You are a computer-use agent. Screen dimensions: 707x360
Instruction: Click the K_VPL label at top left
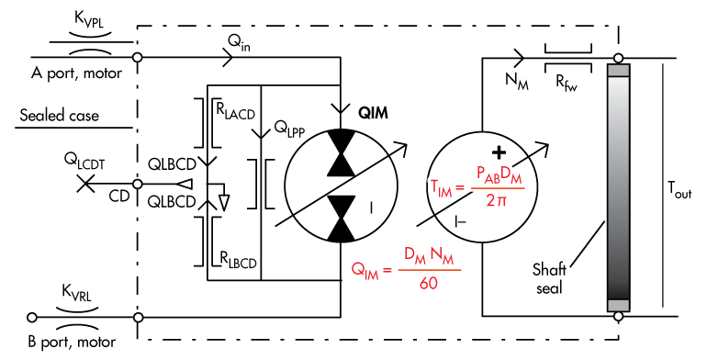(89, 20)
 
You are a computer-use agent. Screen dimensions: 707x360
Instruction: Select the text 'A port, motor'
(76, 73)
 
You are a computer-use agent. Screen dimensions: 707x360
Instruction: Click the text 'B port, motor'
(72, 342)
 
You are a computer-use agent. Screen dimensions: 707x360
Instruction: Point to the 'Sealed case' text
(59, 116)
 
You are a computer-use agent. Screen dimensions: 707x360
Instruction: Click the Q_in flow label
(239, 43)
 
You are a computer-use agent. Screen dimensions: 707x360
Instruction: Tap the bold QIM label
(373, 113)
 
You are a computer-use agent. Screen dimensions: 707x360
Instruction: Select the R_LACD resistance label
(236, 111)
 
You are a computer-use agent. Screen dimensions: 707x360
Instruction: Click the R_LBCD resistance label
(238, 259)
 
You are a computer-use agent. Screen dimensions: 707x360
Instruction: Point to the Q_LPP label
(289, 129)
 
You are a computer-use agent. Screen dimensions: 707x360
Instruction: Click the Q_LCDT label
(84, 161)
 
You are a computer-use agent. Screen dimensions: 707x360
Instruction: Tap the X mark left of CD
(85, 184)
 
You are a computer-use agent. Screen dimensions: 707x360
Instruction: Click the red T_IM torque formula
(476, 186)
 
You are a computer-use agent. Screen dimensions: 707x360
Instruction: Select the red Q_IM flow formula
(406, 269)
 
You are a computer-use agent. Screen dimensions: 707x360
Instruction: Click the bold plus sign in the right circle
(499, 153)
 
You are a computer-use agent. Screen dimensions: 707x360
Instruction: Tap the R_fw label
(566, 84)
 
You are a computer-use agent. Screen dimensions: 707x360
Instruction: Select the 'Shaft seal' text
(549, 279)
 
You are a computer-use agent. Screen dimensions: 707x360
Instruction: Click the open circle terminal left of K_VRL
(32, 317)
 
